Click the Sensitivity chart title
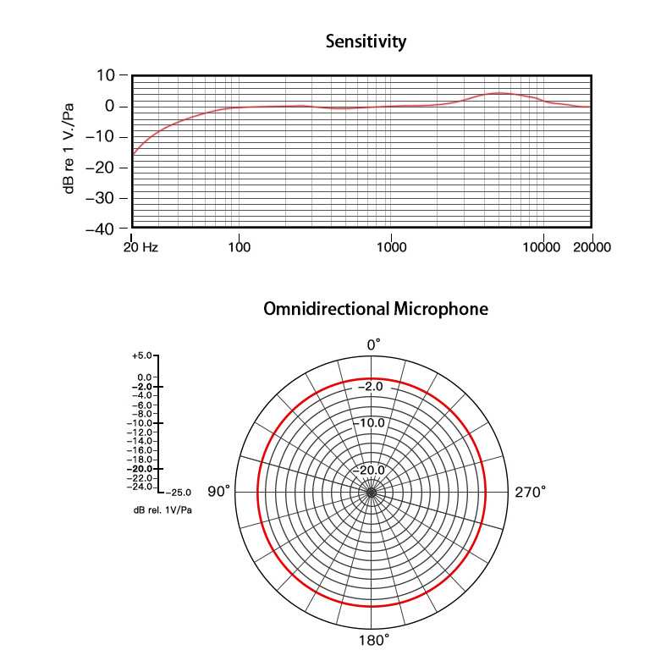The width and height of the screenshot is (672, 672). [366, 41]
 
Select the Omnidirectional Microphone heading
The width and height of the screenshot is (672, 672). [376, 309]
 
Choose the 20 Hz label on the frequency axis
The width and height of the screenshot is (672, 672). [140, 247]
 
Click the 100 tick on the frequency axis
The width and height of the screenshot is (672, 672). [240, 247]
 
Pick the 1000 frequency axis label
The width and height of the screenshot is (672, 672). [390, 247]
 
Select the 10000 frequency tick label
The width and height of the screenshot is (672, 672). [542, 247]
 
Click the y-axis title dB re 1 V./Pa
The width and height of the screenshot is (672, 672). [69, 148]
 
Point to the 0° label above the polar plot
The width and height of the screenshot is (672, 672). [373, 344]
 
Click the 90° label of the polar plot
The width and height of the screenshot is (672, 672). [219, 492]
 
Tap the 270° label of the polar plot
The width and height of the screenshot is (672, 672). [530, 492]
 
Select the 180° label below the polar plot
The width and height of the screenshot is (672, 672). [373, 640]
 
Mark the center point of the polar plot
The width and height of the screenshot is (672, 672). [372, 493]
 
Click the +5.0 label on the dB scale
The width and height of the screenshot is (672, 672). [143, 355]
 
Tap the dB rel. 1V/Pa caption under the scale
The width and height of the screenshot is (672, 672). [162, 510]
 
